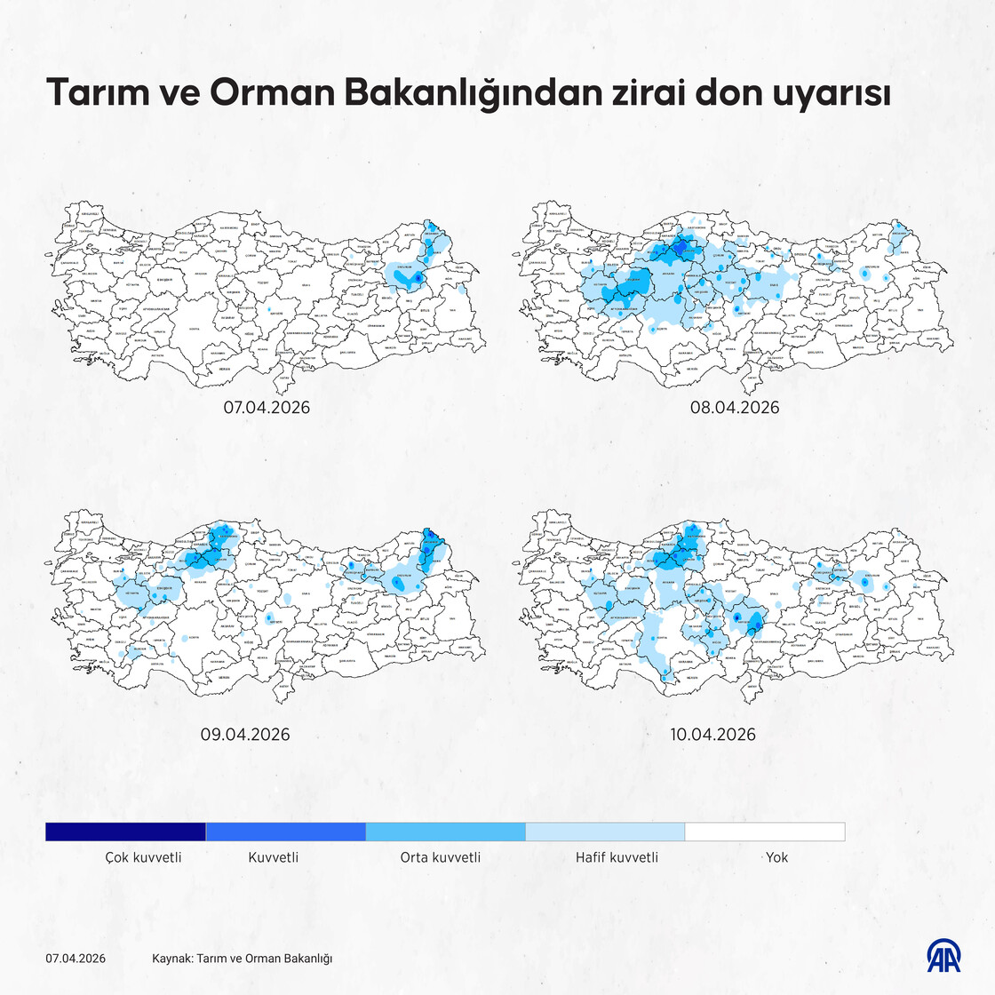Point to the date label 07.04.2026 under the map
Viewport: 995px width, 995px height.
point(266,408)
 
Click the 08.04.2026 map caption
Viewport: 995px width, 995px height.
point(734,408)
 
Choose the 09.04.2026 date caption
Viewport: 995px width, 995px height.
point(244,735)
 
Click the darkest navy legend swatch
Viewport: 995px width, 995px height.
point(125,832)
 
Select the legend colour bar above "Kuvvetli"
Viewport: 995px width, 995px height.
point(285,832)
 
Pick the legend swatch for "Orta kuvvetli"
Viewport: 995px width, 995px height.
point(445,832)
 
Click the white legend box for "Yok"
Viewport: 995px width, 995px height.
point(765,832)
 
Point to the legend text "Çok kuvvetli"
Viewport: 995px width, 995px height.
point(143,857)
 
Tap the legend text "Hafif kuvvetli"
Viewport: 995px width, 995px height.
point(617,857)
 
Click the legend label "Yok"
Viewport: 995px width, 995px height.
point(776,857)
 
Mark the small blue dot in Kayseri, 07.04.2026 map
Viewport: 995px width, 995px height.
point(268,309)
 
